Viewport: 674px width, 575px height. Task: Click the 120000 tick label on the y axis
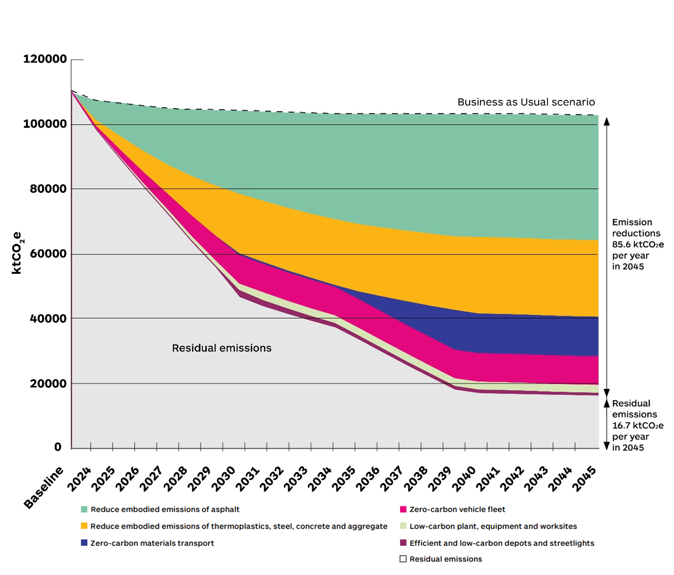click(45, 59)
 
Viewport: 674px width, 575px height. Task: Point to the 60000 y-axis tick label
click(48, 254)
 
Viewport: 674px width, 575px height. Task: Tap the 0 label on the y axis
click(58, 447)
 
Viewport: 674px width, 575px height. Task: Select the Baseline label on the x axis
click(43, 488)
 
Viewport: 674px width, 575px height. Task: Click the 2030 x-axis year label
click(224, 479)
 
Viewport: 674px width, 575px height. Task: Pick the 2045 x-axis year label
click(584, 479)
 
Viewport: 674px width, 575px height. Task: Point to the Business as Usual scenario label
click(526, 102)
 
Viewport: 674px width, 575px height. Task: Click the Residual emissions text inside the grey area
click(222, 348)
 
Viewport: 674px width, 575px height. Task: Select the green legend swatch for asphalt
click(84, 509)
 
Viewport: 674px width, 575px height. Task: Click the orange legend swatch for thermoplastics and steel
click(84, 526)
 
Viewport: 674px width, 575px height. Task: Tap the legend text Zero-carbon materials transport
click(152, 543)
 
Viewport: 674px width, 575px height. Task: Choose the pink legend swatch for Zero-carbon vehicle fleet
click(403, 509)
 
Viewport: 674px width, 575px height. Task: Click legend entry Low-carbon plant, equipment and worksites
click(493, 526)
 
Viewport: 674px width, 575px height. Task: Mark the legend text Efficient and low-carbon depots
click(502, 543)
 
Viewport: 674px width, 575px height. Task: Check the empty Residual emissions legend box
click(403, 559)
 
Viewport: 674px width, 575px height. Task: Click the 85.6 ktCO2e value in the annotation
click(637, 244)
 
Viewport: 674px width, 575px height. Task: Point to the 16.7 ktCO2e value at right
click(637, 426)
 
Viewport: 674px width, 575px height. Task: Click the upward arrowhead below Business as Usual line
click(607, 122)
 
